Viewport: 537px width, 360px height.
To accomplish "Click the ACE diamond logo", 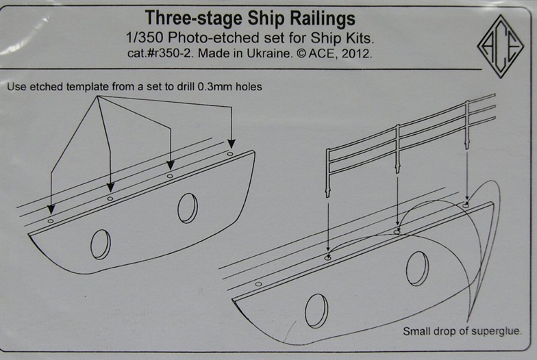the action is pos(500,47).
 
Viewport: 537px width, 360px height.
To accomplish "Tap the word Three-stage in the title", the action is pos(195,18).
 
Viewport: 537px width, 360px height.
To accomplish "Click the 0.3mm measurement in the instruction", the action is pos(216,86).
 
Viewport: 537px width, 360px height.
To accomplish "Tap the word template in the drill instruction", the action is pos(88,87).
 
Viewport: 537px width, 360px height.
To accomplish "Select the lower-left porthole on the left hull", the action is pos(101,244).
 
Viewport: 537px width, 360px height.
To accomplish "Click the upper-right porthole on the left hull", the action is pos(188,208).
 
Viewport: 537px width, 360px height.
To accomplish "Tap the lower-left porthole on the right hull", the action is pos(316,310).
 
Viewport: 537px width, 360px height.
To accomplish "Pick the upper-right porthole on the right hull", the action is pos(418,269).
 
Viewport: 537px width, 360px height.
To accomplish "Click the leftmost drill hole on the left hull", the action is pos(51,221).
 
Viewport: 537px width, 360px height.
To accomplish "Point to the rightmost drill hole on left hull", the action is pos(230,154).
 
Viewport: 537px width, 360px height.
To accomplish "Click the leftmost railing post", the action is pos(327,172).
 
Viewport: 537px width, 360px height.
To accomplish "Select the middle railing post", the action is pos(397,149).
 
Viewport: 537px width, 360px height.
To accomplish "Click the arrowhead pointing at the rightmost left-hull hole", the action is pos(232,144).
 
